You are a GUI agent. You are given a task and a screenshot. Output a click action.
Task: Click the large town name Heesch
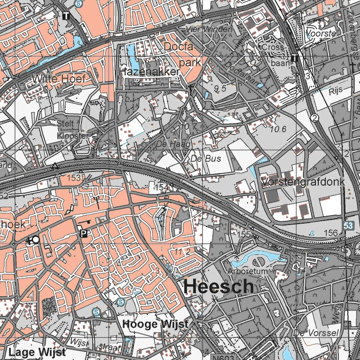(219, 287)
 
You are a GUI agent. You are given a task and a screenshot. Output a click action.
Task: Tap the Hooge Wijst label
(155, 324)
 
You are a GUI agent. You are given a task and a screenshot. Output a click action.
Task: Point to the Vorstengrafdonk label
(303, 181)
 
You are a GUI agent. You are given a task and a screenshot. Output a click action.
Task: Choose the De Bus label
(205, 159)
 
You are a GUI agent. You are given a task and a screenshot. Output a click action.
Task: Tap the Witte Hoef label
(59, 79)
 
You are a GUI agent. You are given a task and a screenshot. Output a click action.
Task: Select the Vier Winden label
(209, 30)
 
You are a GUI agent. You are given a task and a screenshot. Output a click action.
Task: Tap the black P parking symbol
(83, 233)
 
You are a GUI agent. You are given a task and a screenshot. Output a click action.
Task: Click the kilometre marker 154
(161, 187)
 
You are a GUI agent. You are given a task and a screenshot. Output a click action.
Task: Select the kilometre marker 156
(330, 233)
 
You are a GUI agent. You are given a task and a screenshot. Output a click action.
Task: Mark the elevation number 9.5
(220, 88)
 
